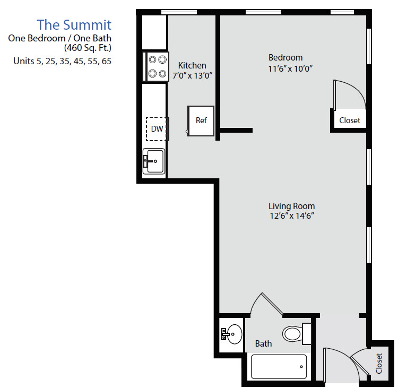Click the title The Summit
(x=74, y=25)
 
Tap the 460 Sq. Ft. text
(x=88, y=48)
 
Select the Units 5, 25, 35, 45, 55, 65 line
(x=62, y=61)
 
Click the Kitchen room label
(x=192, y=65)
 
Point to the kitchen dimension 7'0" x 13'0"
(x=193, y=76)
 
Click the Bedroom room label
(x=285, y=58)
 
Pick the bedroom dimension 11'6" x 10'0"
(x=290, y=68)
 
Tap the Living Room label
(x=292, y=206)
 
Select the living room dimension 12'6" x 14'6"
(x=292, y=216)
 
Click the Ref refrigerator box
(x=201, y=121)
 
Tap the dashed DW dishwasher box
(x=156, y=129)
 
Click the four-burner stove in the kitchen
(x=158, y=66)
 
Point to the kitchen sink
(x=154, y=161)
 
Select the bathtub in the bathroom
(x=279, y=366)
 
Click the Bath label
(x=263, y=343)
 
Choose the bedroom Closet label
(x=350, y=120)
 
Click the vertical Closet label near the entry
(x=379, y=364)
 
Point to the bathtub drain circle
(x=301, y=366)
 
